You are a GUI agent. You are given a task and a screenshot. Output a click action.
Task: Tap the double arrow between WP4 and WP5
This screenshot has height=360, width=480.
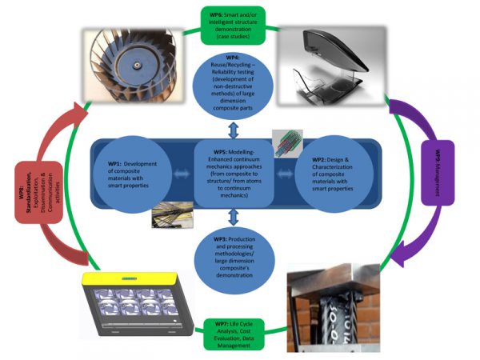click(x=233, y=130)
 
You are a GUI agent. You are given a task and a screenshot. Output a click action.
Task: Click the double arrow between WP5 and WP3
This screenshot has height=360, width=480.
click(x=233, y=215)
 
